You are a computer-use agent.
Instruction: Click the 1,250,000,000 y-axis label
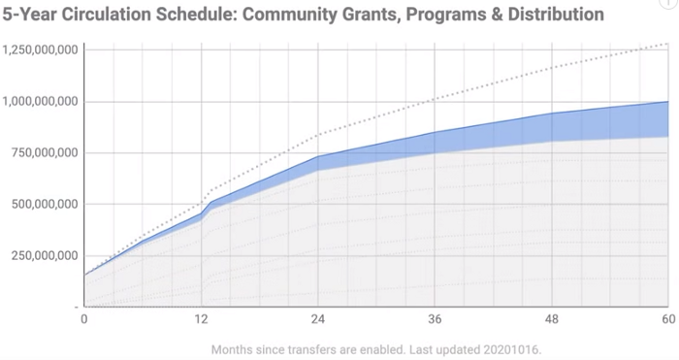point(41,49)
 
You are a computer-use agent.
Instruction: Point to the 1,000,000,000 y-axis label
point(41,101)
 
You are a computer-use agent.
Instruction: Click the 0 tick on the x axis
point(84,318)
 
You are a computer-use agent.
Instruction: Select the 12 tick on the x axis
point(201,318)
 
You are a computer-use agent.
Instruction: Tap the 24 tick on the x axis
point(317,318)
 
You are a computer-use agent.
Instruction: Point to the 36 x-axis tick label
point(435,318)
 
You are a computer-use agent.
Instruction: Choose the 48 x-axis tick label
point(551,318)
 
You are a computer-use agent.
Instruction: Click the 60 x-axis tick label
point(665,318)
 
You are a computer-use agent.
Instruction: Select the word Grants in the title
point(377,15)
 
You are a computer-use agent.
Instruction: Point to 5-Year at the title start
point(32,15)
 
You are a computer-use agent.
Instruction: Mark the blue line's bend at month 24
point(317,156)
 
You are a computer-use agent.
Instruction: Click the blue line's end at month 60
point(667,102)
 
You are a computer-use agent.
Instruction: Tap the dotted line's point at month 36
point(435,99)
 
